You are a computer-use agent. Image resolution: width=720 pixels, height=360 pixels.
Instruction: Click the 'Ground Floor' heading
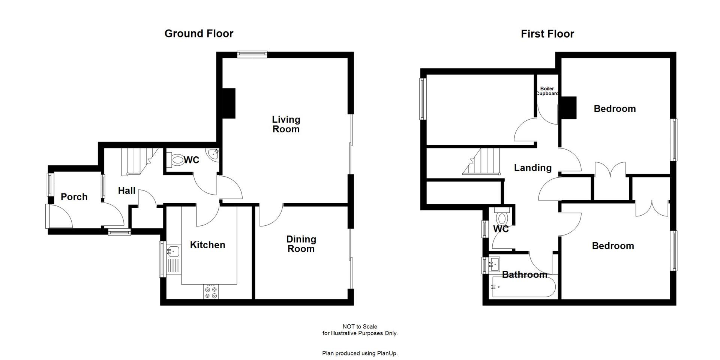coord(199,34)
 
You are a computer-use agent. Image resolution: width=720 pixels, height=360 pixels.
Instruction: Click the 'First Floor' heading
coord(547,34)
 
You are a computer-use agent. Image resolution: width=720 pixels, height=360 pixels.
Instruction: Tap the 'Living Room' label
coord(286,124)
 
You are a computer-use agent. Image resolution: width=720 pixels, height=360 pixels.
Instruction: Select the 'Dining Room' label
coord(301,244)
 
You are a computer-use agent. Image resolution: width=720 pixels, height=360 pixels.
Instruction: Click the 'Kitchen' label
coord(207,245)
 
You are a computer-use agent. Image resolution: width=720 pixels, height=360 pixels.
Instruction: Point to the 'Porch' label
coord(74,197)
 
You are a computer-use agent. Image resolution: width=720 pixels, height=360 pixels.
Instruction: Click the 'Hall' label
coord(126,190)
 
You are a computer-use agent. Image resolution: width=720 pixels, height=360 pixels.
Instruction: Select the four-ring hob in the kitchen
coord(211,292)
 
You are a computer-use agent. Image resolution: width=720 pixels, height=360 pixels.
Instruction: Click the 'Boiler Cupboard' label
coord(547,91)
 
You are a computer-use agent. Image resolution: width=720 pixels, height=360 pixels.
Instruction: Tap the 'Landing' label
coord(532,168)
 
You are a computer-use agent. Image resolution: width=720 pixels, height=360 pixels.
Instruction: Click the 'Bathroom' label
coord(524,275)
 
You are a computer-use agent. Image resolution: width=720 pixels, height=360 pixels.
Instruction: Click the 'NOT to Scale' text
coord(360,327)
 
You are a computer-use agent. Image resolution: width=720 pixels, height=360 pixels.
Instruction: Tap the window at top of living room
coord(252,54)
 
